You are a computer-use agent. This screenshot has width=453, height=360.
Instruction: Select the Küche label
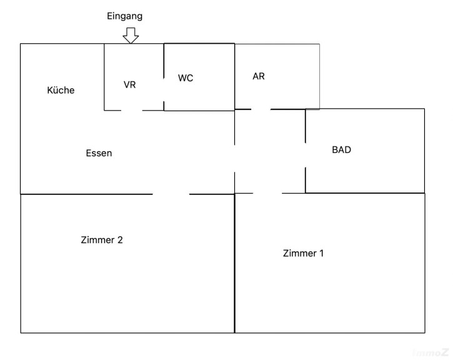click(x=61, y=90)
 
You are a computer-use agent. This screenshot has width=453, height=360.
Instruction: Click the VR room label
click(x=130, y=84)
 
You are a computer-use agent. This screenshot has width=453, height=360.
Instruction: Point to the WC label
click(x=186, y=78)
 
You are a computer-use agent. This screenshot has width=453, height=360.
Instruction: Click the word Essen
click(x=99, y=152)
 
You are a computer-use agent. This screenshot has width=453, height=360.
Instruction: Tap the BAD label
click(x=341, y=150)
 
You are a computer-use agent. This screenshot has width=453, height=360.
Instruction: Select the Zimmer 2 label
click(x=106, y=239)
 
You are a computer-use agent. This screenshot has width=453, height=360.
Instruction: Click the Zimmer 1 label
click(x=303, y=253)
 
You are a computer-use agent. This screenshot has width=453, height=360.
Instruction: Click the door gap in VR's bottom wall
click(x=131, y=111)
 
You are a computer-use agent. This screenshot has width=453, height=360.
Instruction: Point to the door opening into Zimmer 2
click(x=171, y=194)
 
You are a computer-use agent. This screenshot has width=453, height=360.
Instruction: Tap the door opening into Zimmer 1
click(x=267, y=194)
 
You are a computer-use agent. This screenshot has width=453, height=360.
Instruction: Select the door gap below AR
click(x=261, y=109)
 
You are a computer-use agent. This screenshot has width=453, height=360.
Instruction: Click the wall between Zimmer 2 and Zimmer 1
click(x=234, y=262)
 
